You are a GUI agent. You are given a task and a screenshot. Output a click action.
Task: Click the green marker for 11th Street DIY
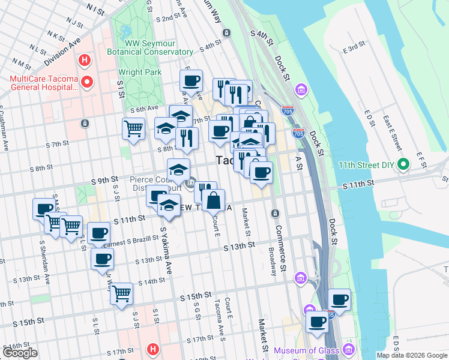click(403, 163)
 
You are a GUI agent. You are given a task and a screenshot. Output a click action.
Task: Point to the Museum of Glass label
click(306, 350)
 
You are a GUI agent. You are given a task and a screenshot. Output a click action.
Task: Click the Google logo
click(20, 353)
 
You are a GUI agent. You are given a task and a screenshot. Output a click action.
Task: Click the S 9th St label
click(104, 180)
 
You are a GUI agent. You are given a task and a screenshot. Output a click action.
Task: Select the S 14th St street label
click(151, 281)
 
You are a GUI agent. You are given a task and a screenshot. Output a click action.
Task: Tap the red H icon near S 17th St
click(154, 349)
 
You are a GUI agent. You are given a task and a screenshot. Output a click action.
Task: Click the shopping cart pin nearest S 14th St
click(121, 294)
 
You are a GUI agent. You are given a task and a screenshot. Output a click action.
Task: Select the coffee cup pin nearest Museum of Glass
click(317, 321)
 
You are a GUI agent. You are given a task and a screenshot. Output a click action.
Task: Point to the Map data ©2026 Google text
click(412, 355)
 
